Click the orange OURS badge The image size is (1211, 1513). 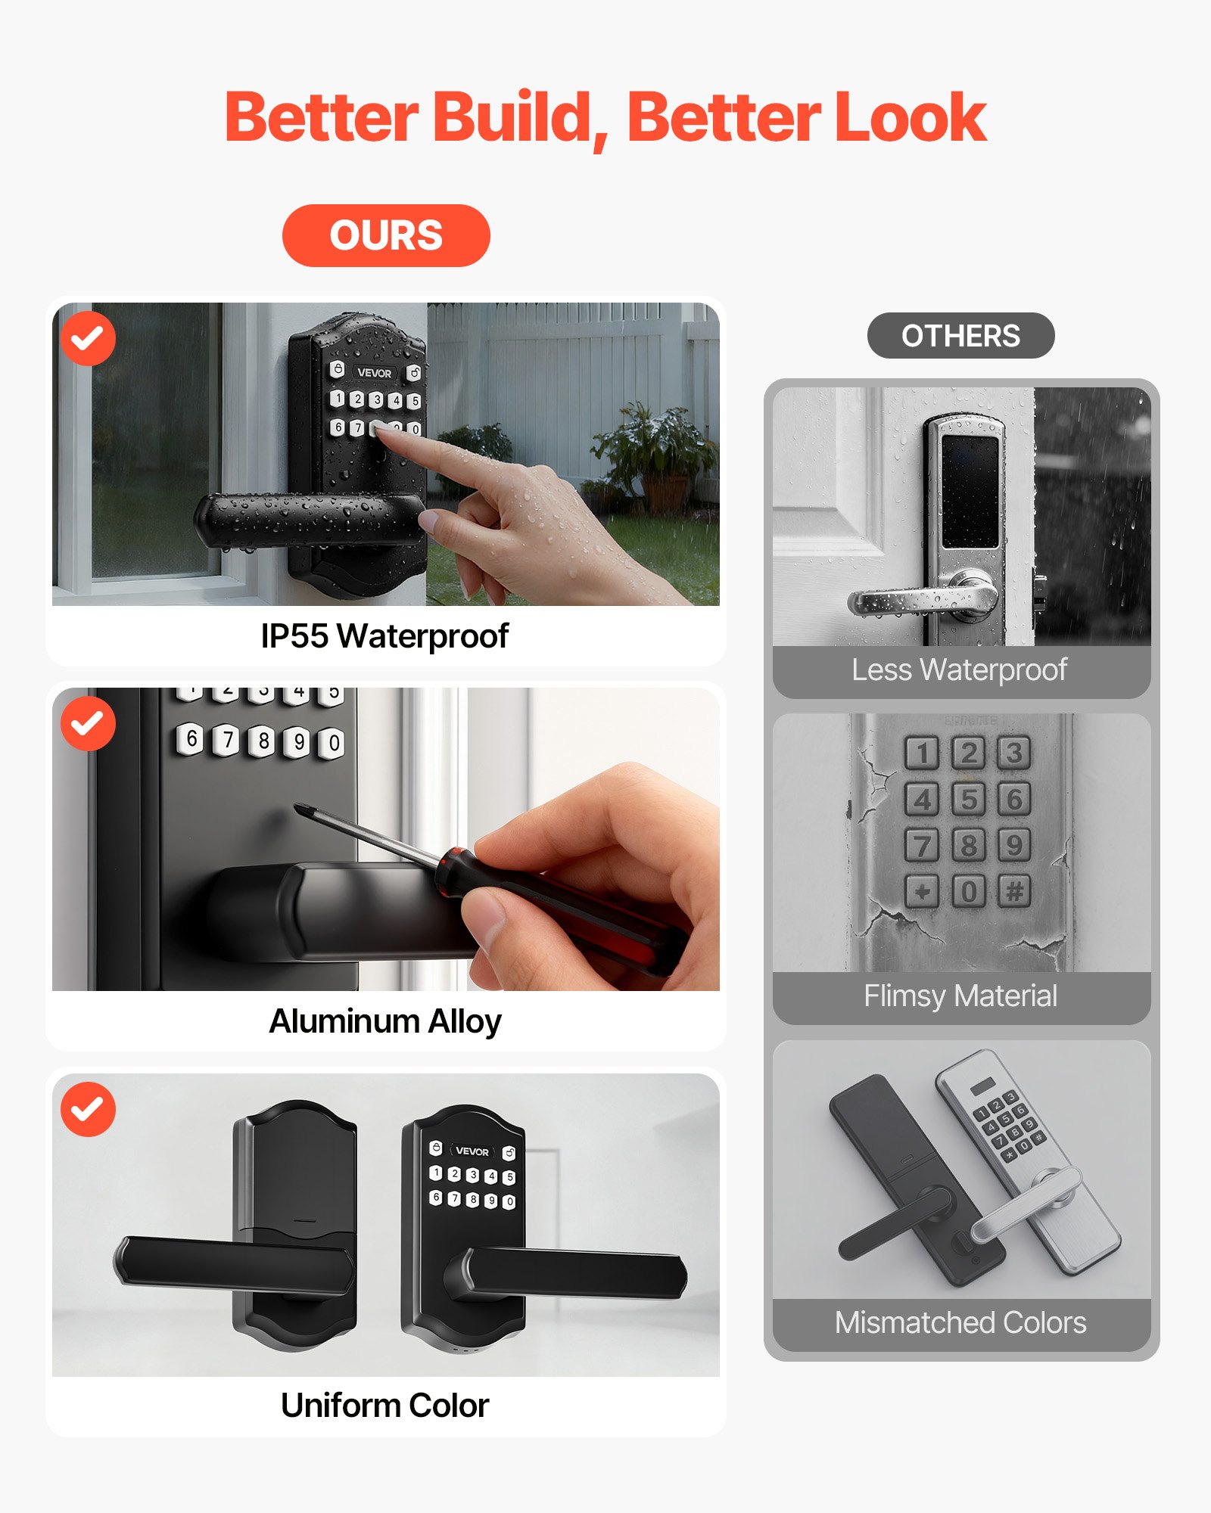tap(386, 235)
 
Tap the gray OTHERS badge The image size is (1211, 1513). tap(960, 336)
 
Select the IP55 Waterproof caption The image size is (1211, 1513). tap(384, 636)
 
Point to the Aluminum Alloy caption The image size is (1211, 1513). tap(384, 1021)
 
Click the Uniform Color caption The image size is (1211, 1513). tap(384, 1406)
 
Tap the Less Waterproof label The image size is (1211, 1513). tap(959, 670)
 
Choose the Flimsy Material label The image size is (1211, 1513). tap(960, 996)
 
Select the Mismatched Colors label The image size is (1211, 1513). tap(960, 1323)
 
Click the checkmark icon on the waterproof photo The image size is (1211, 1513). tap(88, 338)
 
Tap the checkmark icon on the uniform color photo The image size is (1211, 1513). tap(88, 1109)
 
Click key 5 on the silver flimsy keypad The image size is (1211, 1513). tap(968, 799)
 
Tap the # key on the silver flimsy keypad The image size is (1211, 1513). tap(1014, 891)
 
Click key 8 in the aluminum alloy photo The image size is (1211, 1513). tap(263, 740)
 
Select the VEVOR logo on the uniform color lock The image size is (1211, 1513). tap(472, 1151)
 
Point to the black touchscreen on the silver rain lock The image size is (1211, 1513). tap(970, 492)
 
